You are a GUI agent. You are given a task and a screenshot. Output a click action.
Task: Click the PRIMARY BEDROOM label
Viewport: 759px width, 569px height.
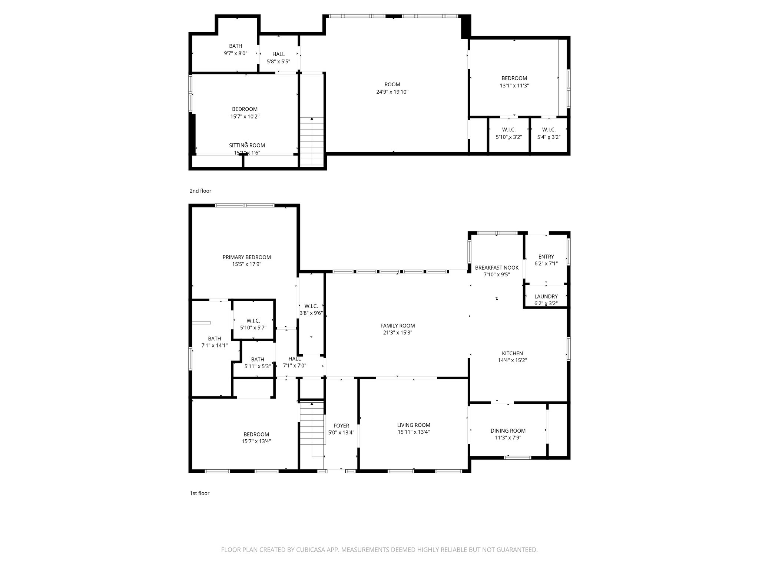pos(246,257)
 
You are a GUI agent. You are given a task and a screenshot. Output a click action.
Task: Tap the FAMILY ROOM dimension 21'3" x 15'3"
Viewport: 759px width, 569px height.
pos(397,333)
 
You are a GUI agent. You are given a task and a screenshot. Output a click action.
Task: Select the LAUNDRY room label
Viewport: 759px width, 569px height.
pos(546,296)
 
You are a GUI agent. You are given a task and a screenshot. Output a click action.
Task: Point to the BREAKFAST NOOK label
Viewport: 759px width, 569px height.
pos(497,267)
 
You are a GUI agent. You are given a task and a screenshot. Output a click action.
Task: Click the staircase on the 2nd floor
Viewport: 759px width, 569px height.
pos(312,141)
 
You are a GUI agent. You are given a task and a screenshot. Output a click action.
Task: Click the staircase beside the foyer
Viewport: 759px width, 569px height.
pos(312,424)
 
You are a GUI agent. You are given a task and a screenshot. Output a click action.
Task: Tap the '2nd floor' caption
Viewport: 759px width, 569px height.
pos(200,191)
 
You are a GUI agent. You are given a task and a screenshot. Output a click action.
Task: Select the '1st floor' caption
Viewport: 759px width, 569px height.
pos(199,493)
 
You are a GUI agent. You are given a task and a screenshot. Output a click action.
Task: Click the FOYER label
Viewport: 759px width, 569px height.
pos(341,426)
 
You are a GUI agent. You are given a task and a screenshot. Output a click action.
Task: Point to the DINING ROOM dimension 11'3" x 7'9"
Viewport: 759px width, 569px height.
pos(508,437)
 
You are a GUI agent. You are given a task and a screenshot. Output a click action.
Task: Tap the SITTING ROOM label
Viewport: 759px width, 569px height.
pos(247,145)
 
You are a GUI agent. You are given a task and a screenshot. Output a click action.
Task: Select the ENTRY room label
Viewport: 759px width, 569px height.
pos(546,256)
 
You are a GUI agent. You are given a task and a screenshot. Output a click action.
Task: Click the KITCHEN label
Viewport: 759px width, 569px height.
pos(512,353)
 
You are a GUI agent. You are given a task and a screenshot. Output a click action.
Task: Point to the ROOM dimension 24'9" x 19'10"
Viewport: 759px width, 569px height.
pos(392,92)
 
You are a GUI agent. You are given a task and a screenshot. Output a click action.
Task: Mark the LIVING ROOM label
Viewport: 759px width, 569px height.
pos(413,425)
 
